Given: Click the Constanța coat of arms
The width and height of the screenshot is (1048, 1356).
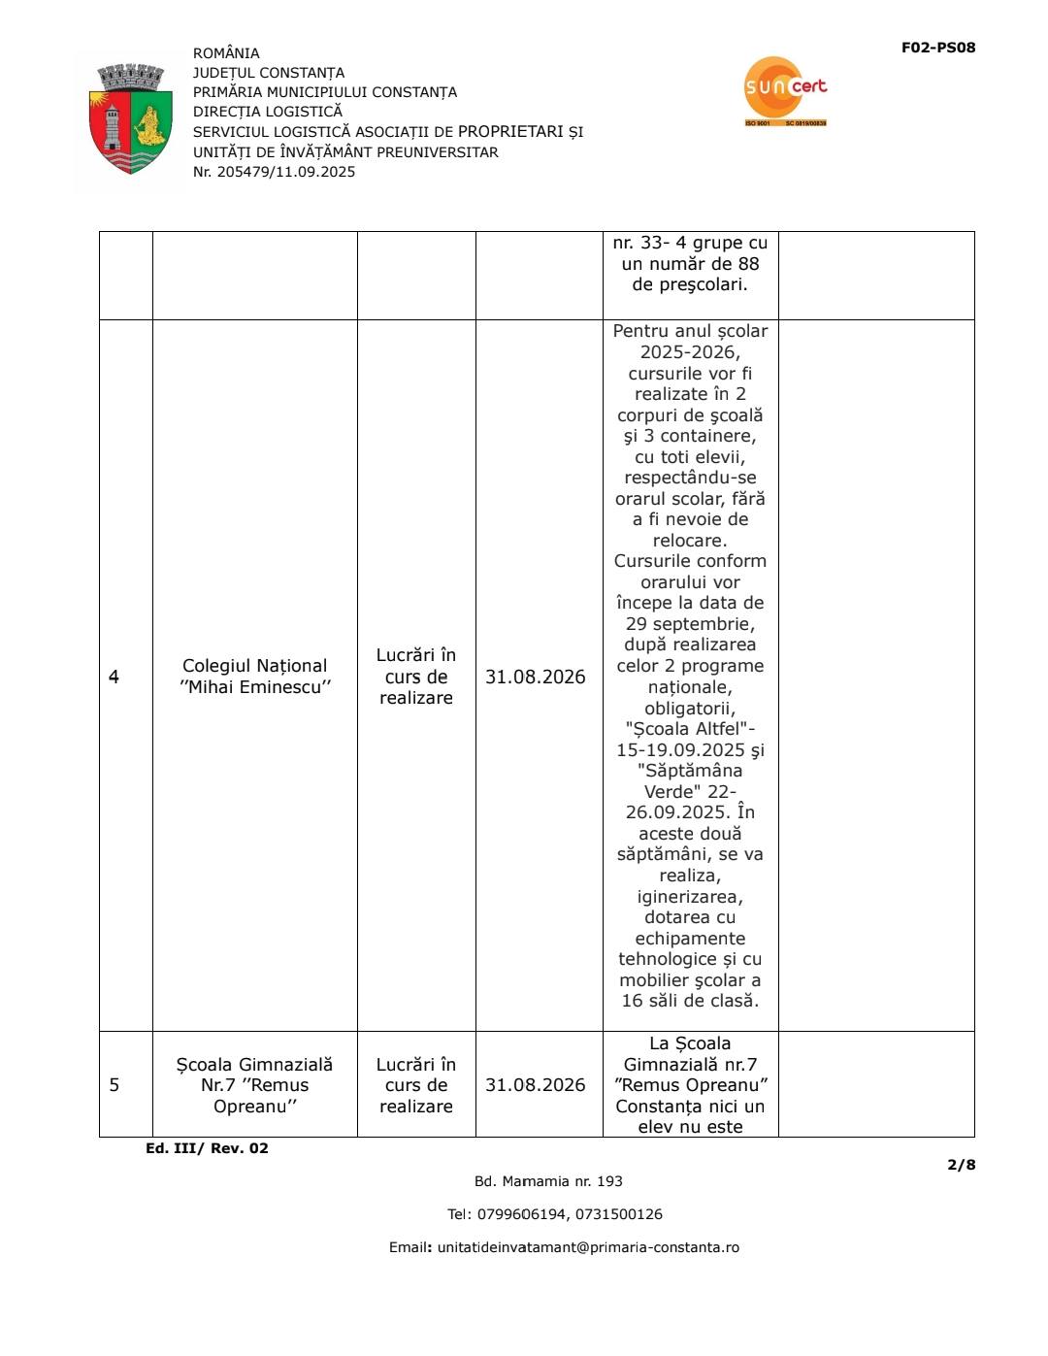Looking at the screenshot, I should pos(130,119).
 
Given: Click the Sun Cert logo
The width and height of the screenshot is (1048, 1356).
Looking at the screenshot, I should pos(785,90).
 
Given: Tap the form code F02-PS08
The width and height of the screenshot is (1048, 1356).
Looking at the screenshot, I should pos(937,48).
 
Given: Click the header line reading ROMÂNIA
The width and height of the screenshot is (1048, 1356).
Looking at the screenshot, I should pos(226,53).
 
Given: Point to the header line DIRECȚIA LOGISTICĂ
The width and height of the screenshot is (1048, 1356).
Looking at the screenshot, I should pos(267,112).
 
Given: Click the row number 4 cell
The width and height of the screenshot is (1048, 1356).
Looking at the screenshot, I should pos(115,677).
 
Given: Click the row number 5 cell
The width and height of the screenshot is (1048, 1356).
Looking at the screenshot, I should pos(115,1084).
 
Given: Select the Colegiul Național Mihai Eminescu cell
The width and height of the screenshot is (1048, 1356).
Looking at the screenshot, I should pos(254,677).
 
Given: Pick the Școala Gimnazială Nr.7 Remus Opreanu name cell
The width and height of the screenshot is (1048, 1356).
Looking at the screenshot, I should pos(254,1085).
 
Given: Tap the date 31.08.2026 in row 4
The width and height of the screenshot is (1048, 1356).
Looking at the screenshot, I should pos(536,677).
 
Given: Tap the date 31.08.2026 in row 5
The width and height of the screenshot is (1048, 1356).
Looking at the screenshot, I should pos(536,1084).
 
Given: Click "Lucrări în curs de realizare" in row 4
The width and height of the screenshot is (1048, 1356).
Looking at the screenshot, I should pos(416,677).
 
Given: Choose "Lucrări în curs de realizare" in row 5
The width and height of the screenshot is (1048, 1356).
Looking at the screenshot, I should pos(416,1085).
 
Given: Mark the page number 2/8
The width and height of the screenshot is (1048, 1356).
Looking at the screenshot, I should pos(962,1165).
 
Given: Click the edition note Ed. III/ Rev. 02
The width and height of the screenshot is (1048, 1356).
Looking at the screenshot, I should pos(207,1148).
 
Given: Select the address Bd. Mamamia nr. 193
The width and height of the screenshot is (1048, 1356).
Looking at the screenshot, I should pos(548,1181).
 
